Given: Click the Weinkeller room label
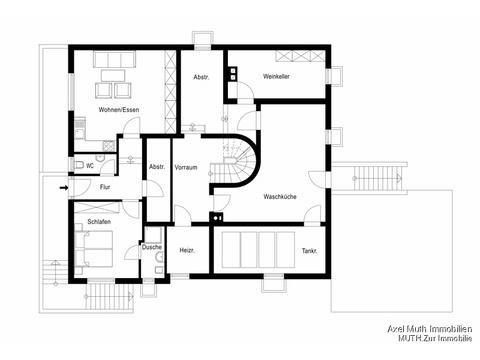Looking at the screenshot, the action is (x=276, y=76).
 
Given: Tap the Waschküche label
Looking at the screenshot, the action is (x=280, y=197).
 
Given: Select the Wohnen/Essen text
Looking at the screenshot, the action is (x=119, y=110).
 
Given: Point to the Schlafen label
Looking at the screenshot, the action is (x=99, y=222).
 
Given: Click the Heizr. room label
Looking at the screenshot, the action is (x=187, y=250).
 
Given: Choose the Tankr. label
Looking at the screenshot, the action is (x=309, y=251).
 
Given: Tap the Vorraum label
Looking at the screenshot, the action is (x=186, y=167).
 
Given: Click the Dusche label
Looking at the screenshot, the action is (x=152, y=247).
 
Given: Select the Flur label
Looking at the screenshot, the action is (x=105, y=187).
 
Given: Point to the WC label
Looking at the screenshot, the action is (x=90, y=166).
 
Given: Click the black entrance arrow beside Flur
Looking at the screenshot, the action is (x=64, y=188).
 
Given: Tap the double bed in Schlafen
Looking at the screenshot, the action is (x=94, y=248).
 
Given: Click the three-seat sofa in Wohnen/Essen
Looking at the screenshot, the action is (x=114, y=60).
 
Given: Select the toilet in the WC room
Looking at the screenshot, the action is (x=79, y=165).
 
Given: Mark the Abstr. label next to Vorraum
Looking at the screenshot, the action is (x=157, y=167).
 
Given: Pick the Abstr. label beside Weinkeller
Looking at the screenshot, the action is (x=201, y=77).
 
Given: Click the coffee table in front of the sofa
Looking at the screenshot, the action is (x=113, y=75).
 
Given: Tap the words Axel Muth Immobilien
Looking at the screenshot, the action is (x=430, y=329).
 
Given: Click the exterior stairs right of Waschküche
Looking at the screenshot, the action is (x=377, y=178).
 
